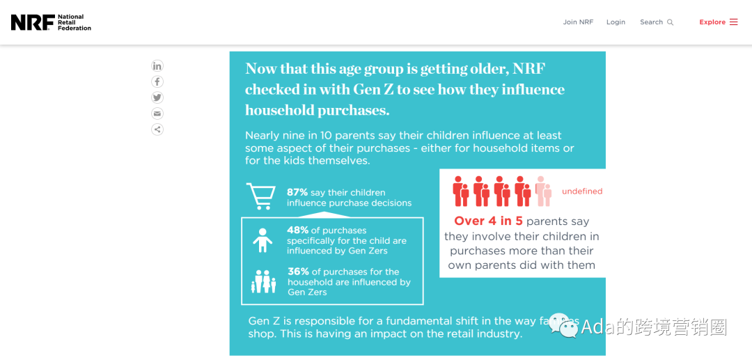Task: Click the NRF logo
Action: [51, 22]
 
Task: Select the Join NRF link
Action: [578, 22]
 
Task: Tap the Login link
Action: [616, 22]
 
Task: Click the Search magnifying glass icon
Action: [671, 22]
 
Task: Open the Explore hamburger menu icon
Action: [733, 22]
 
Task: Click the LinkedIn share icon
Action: [157, 66]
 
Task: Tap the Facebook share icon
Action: [157, 82]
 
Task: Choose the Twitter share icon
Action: [157, 97]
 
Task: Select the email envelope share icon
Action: [157, 114]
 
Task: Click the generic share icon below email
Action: [157, 130]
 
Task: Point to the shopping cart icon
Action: [260, 196]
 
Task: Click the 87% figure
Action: [297, 193]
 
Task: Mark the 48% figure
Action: [297, 230]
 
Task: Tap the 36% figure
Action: [298, 272]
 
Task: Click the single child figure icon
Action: [262, 240]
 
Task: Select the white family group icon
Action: [264, 281]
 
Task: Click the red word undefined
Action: [582, 191]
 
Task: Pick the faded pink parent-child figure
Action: [543, 191]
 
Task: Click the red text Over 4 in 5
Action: [489, 221]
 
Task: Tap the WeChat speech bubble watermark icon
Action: [563, 325]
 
